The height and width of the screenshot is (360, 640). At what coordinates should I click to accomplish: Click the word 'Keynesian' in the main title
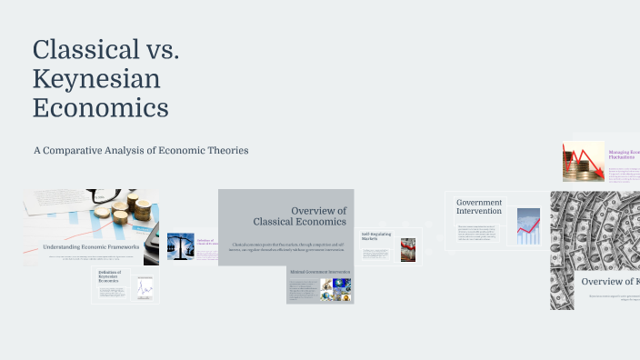tap(96, 79)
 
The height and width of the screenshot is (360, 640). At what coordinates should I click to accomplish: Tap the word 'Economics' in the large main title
tap(100, 107)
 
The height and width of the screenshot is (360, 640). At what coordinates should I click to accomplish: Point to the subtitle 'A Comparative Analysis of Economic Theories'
tap(141, 150)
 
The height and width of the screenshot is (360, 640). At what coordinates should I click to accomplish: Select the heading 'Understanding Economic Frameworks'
tap(91, 246)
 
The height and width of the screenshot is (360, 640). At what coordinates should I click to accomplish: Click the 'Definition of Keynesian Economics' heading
tap(109, 282)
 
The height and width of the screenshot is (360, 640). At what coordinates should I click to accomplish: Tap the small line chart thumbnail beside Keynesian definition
tap(144, 288)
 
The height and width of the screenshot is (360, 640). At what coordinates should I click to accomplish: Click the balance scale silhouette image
tap(181, 246)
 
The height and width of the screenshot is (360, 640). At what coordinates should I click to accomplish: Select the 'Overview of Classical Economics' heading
tap(299, 216)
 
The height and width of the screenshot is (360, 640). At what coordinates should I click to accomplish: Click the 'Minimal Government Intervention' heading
tap(320, 271)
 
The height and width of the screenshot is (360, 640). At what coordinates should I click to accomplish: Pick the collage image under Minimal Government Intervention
tap(335, 290)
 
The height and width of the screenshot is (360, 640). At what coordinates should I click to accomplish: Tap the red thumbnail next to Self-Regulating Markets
tap(408, 249)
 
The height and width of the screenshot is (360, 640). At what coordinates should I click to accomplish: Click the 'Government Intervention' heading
tap(479, 206)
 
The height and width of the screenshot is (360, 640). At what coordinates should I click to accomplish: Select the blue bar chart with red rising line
tap(528, 226)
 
